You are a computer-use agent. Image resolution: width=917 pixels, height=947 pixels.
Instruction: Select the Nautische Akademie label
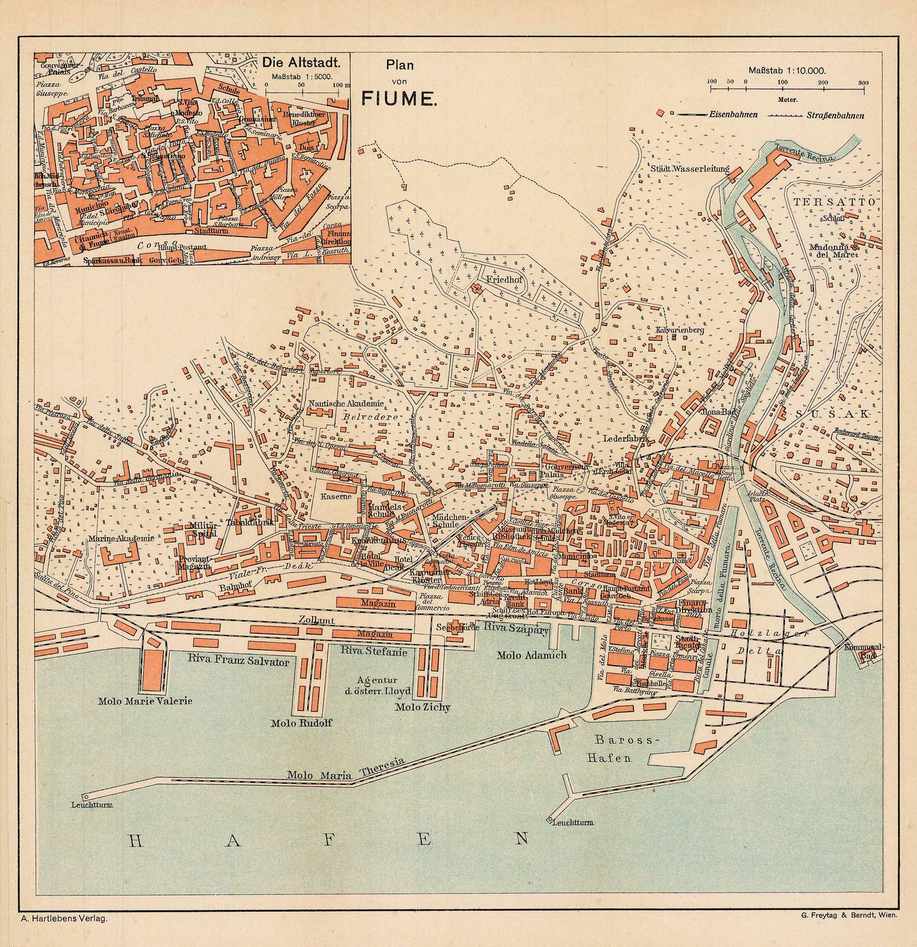point(346,404)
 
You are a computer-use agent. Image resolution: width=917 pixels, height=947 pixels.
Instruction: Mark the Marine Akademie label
point(123,538)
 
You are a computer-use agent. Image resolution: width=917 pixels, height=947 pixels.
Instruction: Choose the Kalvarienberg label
point(679,330)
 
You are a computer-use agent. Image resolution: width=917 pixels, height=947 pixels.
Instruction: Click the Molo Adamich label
point(532,655)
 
